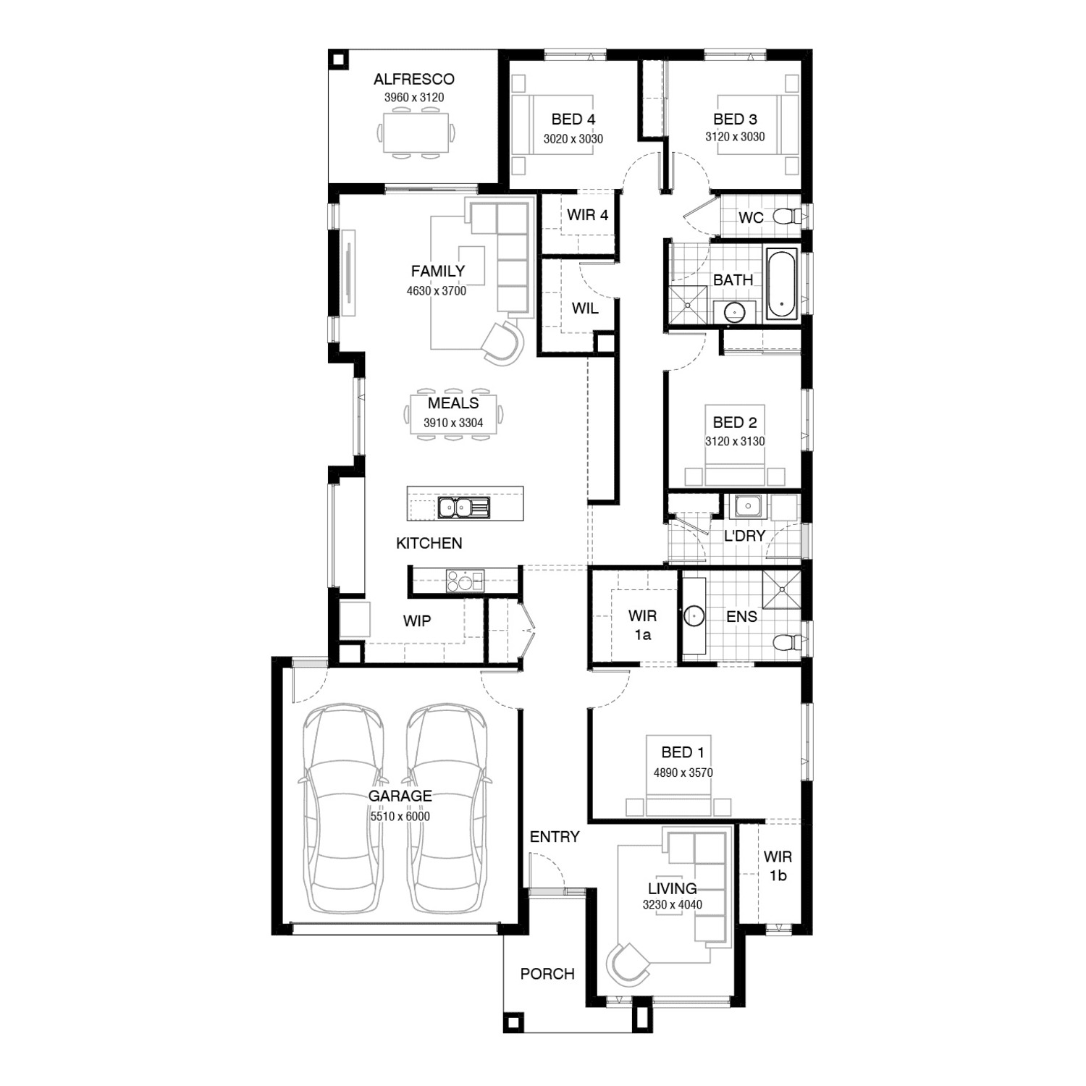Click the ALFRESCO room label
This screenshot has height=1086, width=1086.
413,79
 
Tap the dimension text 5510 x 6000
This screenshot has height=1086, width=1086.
400,817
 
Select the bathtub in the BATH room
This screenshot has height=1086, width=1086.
782,285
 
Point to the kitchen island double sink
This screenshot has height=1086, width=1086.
463,508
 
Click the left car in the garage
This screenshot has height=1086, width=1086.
342,809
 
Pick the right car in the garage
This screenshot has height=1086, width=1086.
446,809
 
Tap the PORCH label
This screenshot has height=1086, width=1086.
547,974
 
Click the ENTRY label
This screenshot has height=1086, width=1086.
555,837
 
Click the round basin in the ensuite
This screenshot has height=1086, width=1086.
694,616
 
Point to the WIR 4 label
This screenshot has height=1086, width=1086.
587,215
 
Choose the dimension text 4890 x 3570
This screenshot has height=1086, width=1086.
683,773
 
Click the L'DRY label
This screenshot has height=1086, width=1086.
744,536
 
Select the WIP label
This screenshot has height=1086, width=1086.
416,620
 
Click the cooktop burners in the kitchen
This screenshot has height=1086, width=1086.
461,581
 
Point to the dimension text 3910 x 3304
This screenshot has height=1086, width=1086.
453,423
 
